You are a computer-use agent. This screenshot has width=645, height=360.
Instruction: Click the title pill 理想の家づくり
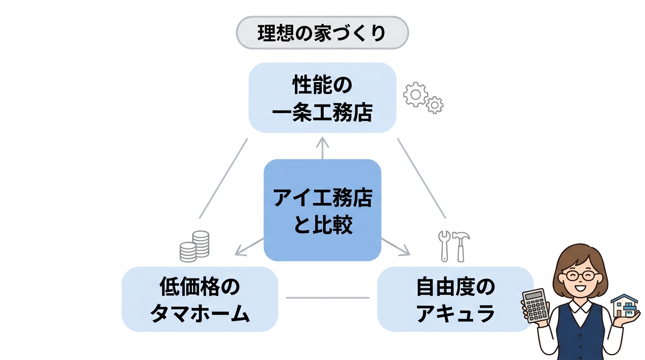pyautogui.click(x=322, y=33)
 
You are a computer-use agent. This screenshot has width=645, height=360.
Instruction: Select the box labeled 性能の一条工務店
pyautogui.click(x=322, y=97)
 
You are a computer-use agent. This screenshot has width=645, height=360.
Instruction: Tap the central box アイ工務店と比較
pyautogui.click(x=322, y=210)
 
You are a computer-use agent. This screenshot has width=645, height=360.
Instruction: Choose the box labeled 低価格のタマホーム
pyautogui.click(x=200, y=299)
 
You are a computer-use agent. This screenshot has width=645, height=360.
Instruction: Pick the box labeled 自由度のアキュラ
pyautogui.click(x=455, y=299)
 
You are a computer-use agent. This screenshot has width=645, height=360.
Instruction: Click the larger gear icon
pyautogui.click(x=415, y=95)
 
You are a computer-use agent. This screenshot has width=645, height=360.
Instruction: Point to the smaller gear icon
pyautogui.click(x=435, y=105)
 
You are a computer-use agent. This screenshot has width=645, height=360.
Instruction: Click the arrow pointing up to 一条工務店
pyautogui.click(x=322, y=148)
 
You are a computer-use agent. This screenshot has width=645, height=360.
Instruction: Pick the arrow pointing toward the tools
pyautogui.click(x=396, y=247)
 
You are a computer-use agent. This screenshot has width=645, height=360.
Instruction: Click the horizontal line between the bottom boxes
pyautogui.click(x=328, y=298)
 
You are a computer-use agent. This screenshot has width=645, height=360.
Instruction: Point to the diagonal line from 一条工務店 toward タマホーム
pyautogui.click(x=224, y=178)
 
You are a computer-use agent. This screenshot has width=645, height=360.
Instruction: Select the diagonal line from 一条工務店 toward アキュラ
pyautogui.click(x=421, y=178)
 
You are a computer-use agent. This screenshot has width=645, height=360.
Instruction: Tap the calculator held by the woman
pyautogui.click(x=536, y=305)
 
